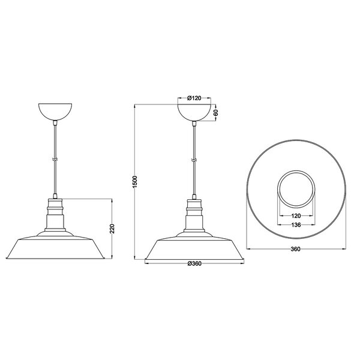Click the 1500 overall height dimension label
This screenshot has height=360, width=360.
coord(135,182)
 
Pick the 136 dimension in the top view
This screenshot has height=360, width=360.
coord(295,225)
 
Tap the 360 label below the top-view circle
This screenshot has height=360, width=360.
coord(295,249)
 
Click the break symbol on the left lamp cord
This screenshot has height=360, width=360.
coord(56,160)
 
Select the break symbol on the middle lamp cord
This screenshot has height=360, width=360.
coord(195,160)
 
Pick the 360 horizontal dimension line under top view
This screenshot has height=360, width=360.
coord(270,246)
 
